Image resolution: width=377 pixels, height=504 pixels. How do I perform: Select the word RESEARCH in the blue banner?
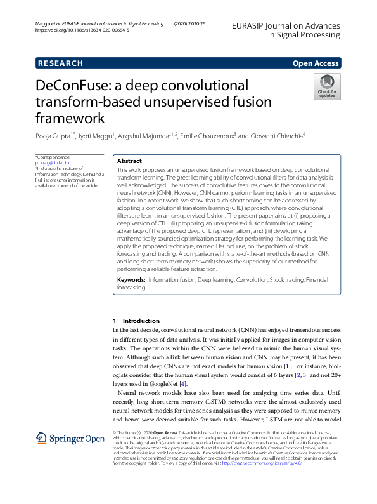click(60, 63)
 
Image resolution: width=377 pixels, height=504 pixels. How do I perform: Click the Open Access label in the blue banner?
click(316, 63)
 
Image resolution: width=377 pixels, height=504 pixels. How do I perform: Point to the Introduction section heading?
click(136, 321)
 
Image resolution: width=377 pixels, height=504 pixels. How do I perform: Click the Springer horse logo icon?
click(42, 438)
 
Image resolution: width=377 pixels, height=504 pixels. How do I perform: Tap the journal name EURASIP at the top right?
click(287, 26)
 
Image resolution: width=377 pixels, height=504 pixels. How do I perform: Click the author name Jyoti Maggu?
click(94, 135)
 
